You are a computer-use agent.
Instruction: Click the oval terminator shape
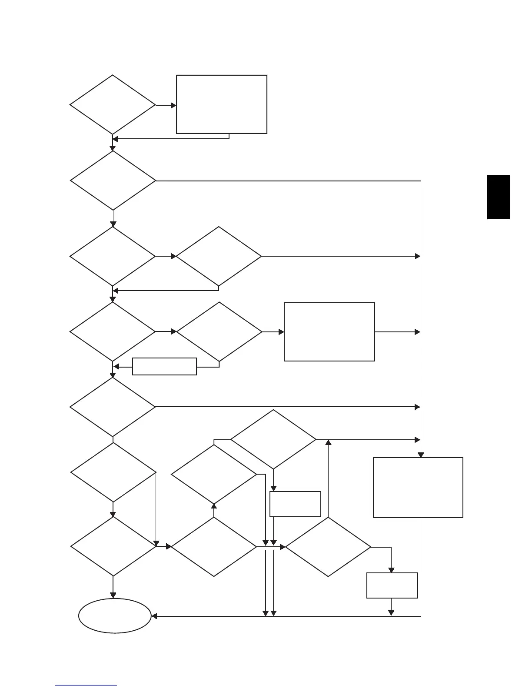115,615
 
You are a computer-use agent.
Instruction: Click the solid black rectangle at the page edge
498,197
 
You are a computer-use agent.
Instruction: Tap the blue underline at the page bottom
86,685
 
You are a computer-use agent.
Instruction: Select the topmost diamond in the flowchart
113,105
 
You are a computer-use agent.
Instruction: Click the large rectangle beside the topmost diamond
221,104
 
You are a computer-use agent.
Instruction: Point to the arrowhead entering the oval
154,616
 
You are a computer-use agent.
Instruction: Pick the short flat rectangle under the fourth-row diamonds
164,366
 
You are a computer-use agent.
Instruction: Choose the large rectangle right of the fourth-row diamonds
329,332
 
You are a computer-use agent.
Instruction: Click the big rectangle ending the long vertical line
418,487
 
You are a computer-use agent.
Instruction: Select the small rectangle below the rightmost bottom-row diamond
392,585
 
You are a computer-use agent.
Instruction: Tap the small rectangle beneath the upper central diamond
295,504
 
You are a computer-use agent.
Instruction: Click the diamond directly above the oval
113,546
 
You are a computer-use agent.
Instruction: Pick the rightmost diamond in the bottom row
328,547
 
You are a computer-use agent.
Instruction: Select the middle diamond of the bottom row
214,547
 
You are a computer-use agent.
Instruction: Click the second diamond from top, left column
113,181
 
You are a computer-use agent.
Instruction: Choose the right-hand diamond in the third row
219,256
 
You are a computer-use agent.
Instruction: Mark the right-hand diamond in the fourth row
219,332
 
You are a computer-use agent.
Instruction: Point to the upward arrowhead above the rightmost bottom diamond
328,442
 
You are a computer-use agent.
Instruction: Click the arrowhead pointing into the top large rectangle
174,105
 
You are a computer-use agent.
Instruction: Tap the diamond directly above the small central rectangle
273,439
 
